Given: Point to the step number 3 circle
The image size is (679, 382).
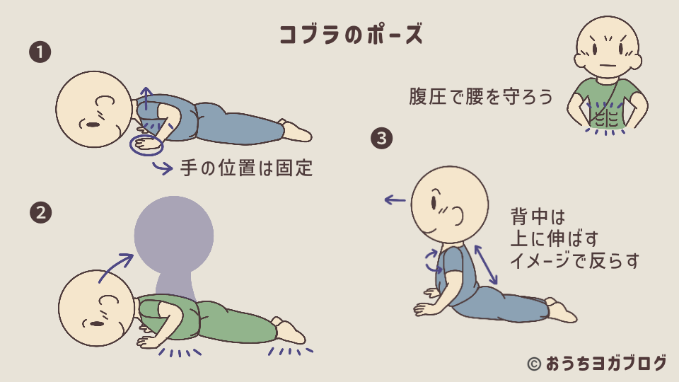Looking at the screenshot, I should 381,139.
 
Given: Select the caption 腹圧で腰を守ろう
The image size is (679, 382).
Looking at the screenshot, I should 481,96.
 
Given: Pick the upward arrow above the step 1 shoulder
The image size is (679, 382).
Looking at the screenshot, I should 146,97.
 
